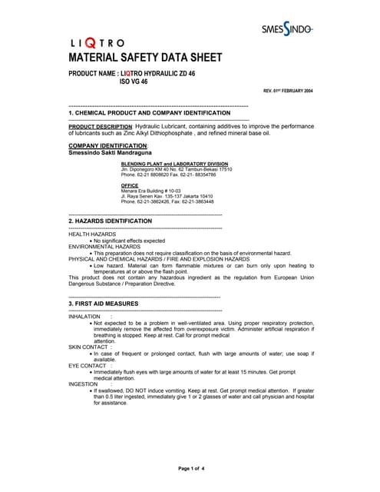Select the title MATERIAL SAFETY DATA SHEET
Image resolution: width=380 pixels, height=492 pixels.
point(146,58)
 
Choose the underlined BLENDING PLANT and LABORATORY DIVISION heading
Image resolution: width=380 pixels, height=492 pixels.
point(174,164)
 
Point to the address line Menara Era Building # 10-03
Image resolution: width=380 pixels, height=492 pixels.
point(150,191)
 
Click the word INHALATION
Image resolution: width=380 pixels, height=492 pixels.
point(84,316)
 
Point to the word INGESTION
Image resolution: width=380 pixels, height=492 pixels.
point(84,383)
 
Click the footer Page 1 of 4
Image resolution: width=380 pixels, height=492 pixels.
point(190,468)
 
